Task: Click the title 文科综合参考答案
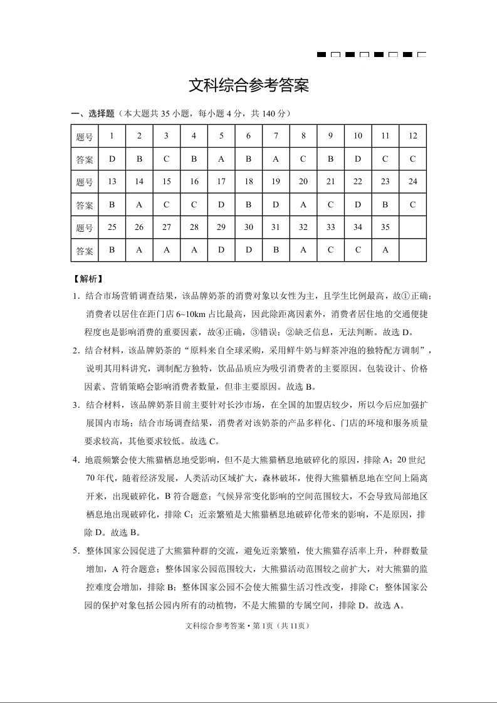(249, 86)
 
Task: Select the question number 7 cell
(276, 136)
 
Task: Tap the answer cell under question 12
(412, 159)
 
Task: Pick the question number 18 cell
(249, 182)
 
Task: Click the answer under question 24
(412, 204)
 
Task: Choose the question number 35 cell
(385, 227)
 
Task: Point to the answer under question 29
(221, 250)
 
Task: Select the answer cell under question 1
(112, 159)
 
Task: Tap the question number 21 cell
(330, 182)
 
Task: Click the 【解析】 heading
(88, 278)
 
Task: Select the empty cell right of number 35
(412, 227)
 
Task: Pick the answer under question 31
(276, 250)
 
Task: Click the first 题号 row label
(85, 137)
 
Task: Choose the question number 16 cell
(194, 182)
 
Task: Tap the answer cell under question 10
(358, 159)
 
